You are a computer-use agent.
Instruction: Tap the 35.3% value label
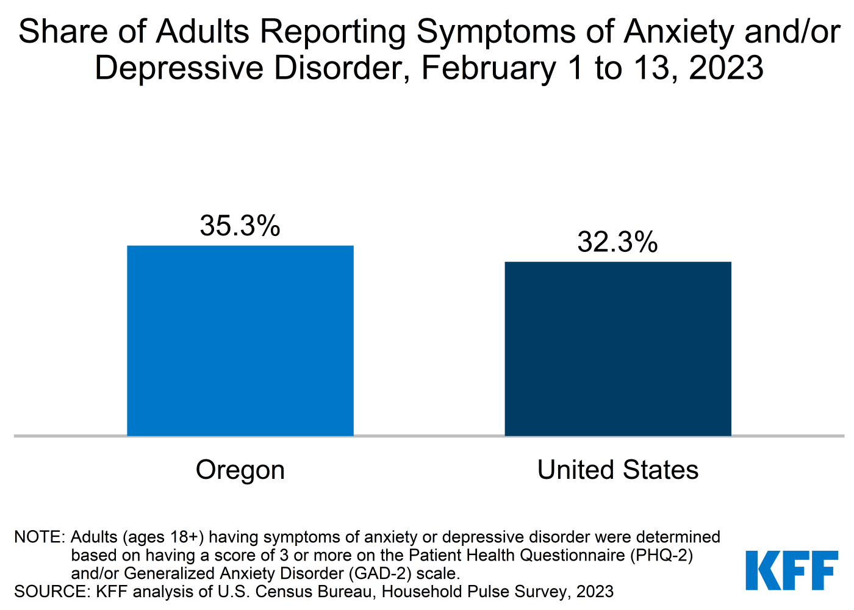(x=240, y=226)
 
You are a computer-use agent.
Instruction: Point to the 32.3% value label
(x=617, y=242)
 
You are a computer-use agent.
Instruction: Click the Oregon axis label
(x=240, y=470)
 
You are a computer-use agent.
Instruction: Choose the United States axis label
(x=617, y=470)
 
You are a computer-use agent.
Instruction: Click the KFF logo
(x=792, y=571)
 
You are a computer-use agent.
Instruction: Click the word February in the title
(x=488, y=68)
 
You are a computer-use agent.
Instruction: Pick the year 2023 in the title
(x=725, y=68)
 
